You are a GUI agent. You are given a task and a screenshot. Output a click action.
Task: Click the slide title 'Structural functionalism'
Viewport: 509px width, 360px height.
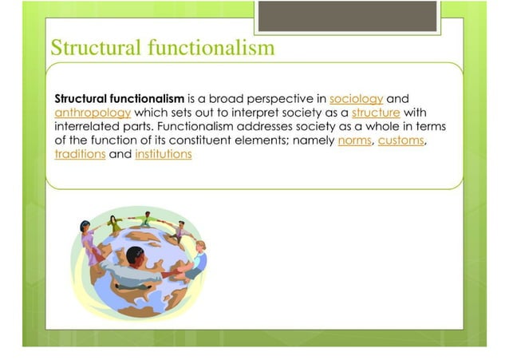tap(163, 48)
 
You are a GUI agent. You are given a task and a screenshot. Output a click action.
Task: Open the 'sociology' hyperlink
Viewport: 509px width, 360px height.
tap(356, 97)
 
